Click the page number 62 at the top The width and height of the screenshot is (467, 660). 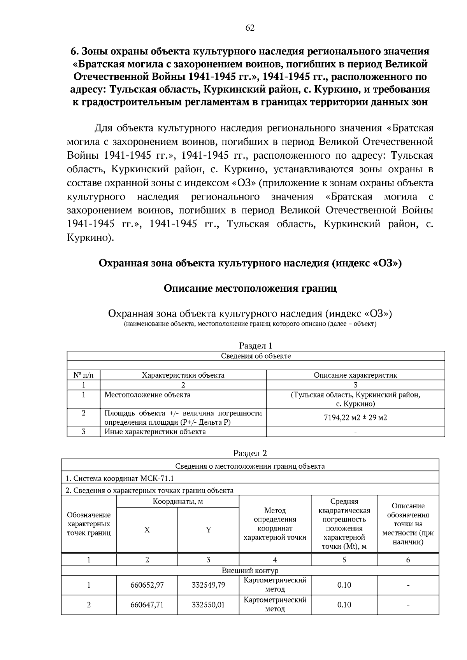coord(250,28)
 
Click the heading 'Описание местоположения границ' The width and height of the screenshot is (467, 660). coord(250,289)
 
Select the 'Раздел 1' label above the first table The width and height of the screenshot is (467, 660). coord(256,346)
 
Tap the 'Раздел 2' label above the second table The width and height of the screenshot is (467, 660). coord(250,453)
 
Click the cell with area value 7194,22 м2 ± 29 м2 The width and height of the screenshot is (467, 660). coord(355,418)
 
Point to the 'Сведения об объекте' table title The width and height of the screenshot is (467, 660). coord(256,356)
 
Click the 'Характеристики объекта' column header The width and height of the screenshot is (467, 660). coord(183,375)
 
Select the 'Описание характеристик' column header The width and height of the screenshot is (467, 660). coord(355,375)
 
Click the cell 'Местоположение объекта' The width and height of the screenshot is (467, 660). coord(147,395)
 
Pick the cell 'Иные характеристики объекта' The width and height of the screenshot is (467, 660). coord(155,432)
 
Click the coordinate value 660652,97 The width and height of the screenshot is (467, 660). coord(147,585)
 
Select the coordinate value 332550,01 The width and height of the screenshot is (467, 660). coord(208,605)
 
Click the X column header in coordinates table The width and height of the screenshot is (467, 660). coord(147,530)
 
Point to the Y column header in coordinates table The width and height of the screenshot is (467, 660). coord(208,530)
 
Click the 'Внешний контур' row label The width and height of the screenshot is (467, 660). coord(250,571)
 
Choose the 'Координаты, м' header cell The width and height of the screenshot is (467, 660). coord(178,502)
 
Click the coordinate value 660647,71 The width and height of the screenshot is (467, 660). coord(147,605)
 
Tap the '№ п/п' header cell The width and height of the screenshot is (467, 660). coord(83,375)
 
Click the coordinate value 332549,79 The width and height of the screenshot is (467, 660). coord(208,585)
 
